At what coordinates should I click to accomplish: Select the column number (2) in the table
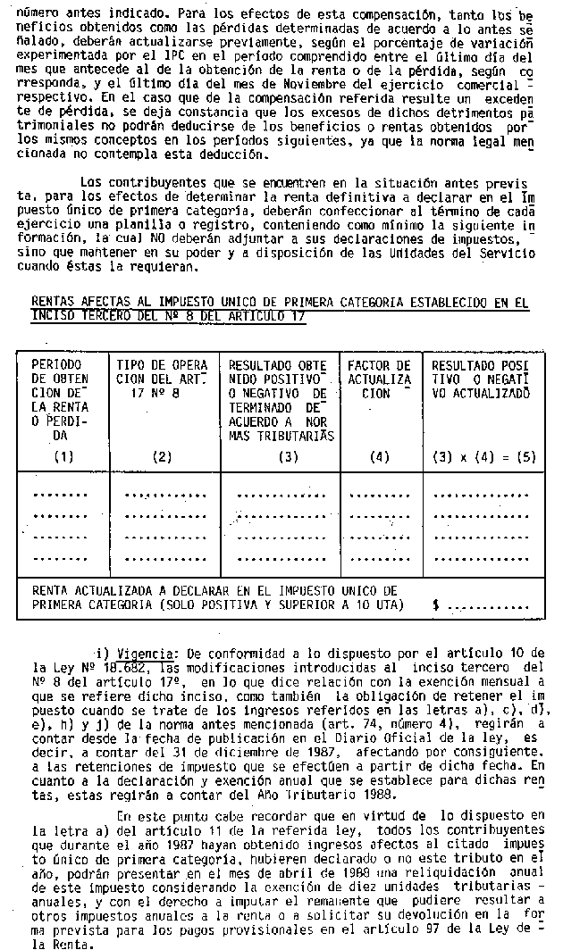[x=161, y=457]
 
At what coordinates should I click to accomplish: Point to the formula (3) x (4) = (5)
[x=483, y=457]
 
